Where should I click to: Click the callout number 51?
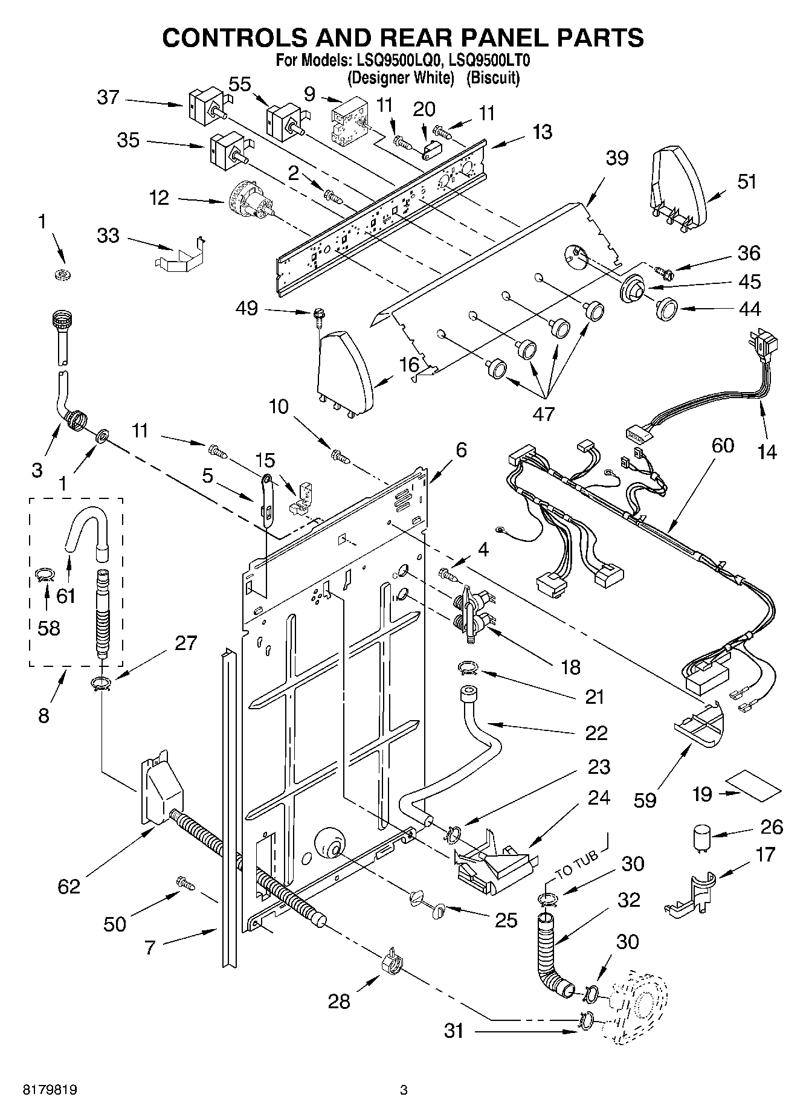[x=747, y=181]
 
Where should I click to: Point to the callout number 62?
[x=69, y=886]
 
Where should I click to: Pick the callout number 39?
[x=617, y=158]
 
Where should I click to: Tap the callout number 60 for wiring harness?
[x=722, y=446]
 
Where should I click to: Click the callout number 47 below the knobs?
[x=543, y=413]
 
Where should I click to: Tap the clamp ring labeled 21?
[x=469, y=668]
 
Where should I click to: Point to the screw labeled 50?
[x=185, y=883]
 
